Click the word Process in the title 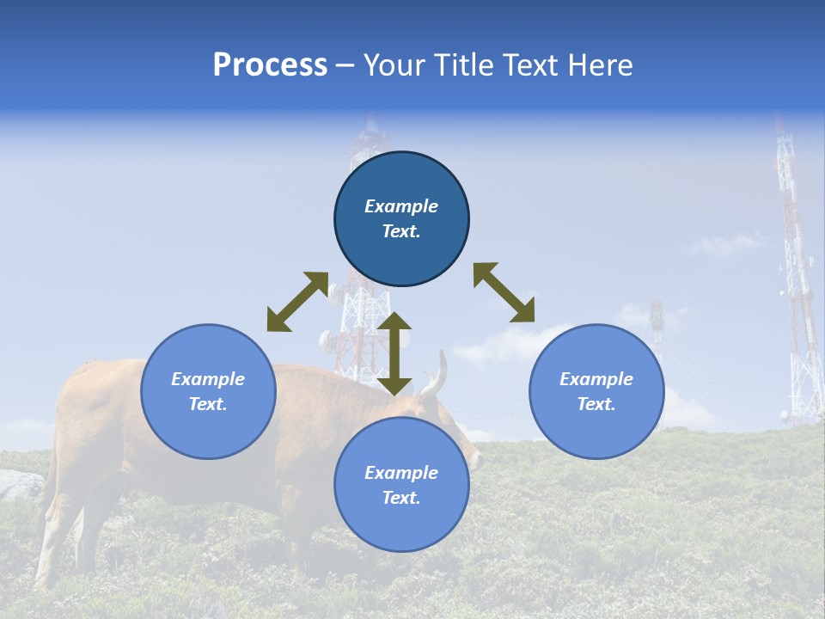[x=270, y=65]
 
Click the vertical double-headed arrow [x=394, y=353]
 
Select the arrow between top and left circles [x=297, y=302]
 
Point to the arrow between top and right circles [x=504, y=292]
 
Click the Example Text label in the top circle [x=401, y=218]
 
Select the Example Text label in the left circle [x=208, y=391]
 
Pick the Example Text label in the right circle [x=596, y=391]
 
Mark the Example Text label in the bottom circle [x=401, y=485]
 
